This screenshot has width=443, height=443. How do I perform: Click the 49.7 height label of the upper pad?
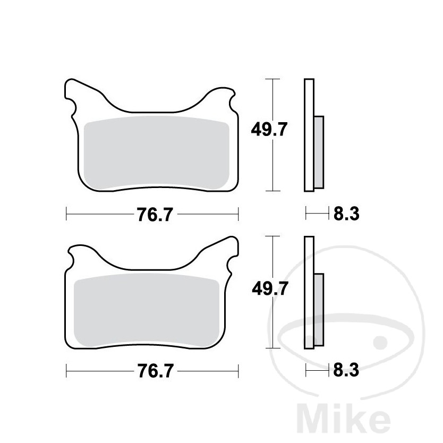point(269,129)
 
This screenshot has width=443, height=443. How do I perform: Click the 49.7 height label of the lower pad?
point(269,288)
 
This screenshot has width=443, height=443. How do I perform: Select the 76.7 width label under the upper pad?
point(151,215)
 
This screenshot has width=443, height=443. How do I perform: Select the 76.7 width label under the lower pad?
point(151,371)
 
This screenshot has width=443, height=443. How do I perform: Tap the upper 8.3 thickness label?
point(347,215)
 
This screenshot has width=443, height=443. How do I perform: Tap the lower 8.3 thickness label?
point(347,370)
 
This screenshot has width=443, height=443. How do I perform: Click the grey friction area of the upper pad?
point(157,154)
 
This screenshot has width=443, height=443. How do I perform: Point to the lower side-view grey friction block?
point(318,310)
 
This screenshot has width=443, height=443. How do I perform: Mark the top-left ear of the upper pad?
point(74,90)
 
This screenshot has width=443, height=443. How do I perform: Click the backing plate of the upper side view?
point(309,135)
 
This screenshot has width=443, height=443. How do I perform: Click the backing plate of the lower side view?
point(309,293)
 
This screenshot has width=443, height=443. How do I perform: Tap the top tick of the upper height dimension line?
point(272,79)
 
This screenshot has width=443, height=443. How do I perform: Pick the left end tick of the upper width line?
point(66,215)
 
